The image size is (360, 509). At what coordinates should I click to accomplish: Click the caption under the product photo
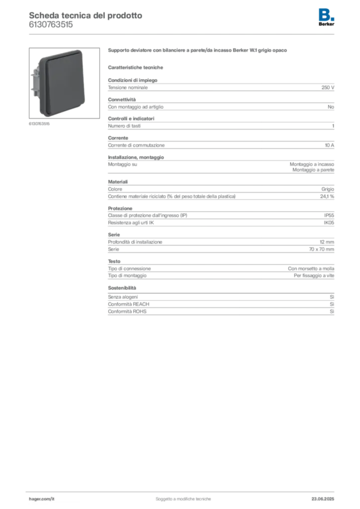[39, 124]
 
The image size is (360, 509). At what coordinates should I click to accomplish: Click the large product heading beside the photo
[198, 51]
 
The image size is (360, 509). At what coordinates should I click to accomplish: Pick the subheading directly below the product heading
[137, 67]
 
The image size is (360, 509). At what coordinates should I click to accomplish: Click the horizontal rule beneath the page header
[182, 34]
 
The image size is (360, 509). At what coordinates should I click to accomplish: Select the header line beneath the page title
[52, 28]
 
